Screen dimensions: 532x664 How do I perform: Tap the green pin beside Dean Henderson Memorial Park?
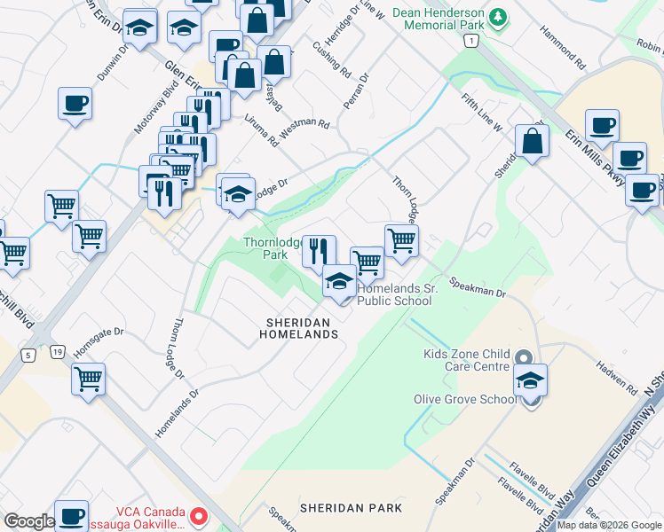tap(499, 17)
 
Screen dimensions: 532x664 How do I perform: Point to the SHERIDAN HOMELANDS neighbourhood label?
tap(298, 328)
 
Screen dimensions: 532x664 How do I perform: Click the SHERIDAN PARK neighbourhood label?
tap(351, 508)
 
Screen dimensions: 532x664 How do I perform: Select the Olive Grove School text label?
tap(464, 399)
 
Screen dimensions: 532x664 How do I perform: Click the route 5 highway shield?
tap(29, 356)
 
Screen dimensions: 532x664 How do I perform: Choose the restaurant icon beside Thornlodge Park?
tap(319, 252)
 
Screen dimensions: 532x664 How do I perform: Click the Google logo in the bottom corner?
tap(28, 521)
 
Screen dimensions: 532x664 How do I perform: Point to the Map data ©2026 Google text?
tap(608, 525)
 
